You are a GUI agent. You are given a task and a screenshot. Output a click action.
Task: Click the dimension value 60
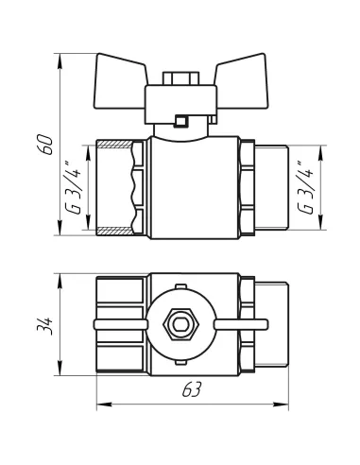[x=46, y=145]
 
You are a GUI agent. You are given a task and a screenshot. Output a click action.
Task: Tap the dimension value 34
[x=44, y=325]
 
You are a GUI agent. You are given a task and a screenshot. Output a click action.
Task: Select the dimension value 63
[x=192, y=389]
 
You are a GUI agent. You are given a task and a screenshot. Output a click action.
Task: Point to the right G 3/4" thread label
[x=305, y=188]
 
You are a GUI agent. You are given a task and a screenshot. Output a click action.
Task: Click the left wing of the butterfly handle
[x=120, y=82]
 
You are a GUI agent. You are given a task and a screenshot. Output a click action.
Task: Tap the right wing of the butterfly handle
[x=242, y=82]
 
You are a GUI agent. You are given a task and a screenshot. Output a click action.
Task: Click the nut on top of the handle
[x=180, y=78]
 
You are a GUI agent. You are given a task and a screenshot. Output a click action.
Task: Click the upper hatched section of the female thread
[x=115, y=145]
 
